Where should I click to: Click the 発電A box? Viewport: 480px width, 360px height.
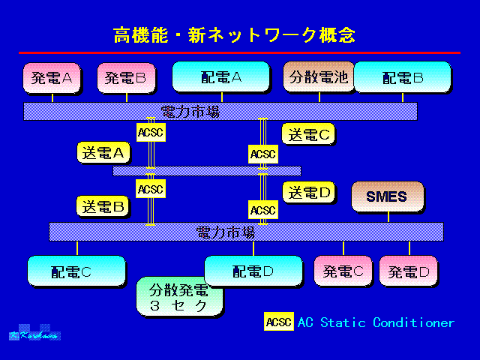(x=52, y=77)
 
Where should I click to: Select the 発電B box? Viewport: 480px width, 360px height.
(x=126, y=77)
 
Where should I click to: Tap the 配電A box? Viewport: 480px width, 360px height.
(x=220, y=77)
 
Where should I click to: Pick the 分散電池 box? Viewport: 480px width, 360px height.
(x=319, y=76)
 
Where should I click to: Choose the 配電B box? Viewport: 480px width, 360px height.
(x=402, y=77)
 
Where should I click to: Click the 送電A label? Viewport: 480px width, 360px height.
(x=103, y=151)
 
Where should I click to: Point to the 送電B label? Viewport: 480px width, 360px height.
(x=103, y=205)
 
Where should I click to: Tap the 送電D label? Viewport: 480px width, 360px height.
(x=308, y=191)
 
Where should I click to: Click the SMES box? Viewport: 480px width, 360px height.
(x=387, y=196)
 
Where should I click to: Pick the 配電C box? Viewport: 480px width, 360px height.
(x=76, y=271)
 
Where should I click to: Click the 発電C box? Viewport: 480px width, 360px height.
(x=343, y=271)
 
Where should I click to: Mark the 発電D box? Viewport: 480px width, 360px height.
(x=408, y=271)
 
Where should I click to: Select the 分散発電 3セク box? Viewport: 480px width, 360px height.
(x=180, y=296)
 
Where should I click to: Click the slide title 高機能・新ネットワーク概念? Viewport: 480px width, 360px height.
(x=234, y=34)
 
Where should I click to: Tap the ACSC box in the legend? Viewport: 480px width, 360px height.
(x=278, y=322)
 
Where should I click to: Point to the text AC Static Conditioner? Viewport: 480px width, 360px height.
(x=376, y=322)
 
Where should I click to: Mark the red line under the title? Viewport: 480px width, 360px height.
(x=239, y=52)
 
